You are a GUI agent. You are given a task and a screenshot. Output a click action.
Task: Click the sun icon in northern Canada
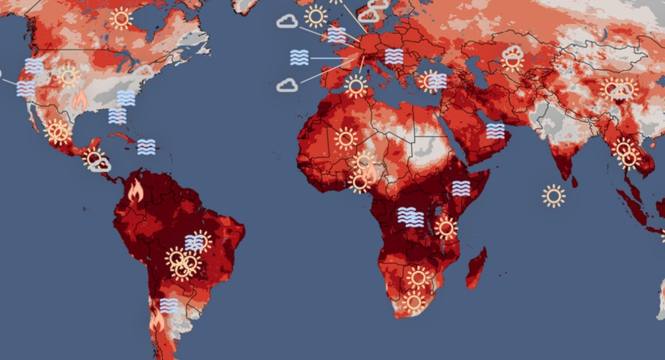tap(121, 19)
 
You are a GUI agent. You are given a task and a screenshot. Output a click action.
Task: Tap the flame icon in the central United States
tap(79, 98)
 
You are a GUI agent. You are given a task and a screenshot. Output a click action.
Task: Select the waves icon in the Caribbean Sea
tap(146, 147)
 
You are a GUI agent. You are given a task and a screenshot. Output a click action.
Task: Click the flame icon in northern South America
tap(136, 192)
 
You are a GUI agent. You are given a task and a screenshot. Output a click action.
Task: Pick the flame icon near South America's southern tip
tap(157, 322)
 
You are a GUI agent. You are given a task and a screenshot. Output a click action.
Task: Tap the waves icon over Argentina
tap(169, 305)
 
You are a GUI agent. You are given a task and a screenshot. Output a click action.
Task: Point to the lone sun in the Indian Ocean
tap(553, 196)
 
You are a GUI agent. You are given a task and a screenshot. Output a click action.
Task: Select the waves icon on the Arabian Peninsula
tap(495, 131)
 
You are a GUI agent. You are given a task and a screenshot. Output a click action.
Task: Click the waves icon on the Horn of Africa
tap(461, 188)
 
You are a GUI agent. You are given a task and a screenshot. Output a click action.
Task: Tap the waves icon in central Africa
tap(410, 217)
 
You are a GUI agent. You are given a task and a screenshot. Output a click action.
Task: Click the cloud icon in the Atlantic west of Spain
tap(287, 85)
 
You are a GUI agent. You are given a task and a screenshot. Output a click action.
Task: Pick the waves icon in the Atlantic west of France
tap(300, 57)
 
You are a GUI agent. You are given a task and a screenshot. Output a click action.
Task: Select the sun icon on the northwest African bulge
tap(345, 138)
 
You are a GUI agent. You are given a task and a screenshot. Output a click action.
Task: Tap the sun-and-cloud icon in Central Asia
tap(513, 56)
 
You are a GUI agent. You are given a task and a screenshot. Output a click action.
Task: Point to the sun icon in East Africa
tap(446, 228)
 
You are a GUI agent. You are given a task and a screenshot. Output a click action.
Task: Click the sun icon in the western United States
tap(69, 76)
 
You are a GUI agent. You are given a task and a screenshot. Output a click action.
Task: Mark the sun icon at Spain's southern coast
tap(356, 86)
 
